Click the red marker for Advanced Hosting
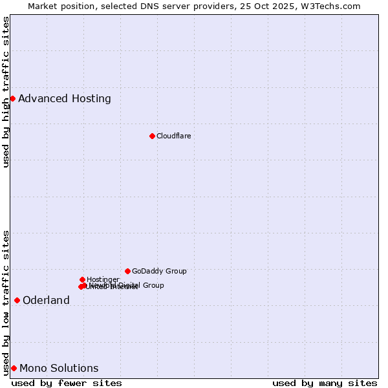(12, 98)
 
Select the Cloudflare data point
(152, 136)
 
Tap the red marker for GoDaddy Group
(127, 271)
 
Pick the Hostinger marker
(82, 279)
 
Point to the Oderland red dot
(17, 300)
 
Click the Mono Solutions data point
(14, 368)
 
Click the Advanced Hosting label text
(65, 99)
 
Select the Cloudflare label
(173, 136)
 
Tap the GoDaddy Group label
(159, 271)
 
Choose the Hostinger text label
(103, 279)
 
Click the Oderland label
(46, 300)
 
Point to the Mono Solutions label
(59, 369)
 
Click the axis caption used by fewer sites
(67, 383)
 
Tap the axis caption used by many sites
(325, 383)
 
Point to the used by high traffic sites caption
(6, 92)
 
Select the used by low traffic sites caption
(6, 302)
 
